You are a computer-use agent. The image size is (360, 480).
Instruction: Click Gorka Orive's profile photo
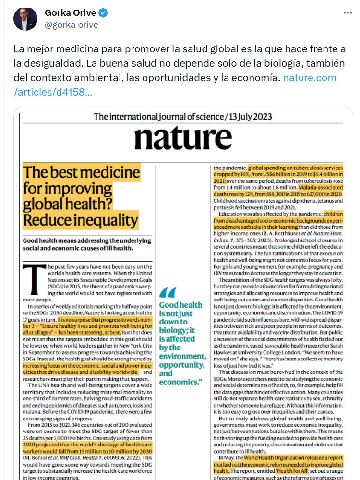tap(24, 19)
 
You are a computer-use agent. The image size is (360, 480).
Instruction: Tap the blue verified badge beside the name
tap(105, 13)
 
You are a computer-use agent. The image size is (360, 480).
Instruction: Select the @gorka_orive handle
tap(72, 25)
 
